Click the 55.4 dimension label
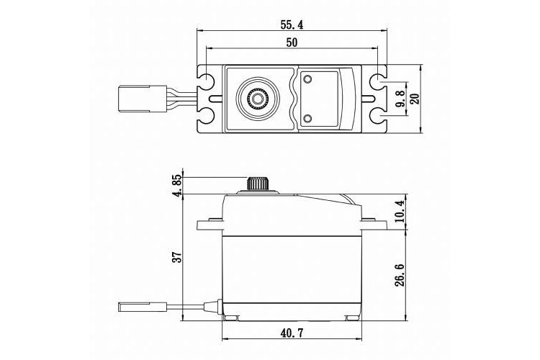click(292, 24)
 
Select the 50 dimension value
click(292, 42)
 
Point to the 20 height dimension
click(415, 99)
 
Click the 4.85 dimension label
click(177, 185)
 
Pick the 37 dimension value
click(177, 257)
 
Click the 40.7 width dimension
click(292, 333)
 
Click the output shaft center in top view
click(256, 99)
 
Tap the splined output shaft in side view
click(256, 183)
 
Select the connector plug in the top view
click(134, 99)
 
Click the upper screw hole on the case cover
click(307, 79)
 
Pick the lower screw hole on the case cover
click(307, 119)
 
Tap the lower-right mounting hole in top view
click(378, 117)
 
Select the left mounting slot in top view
click(215, 99)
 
